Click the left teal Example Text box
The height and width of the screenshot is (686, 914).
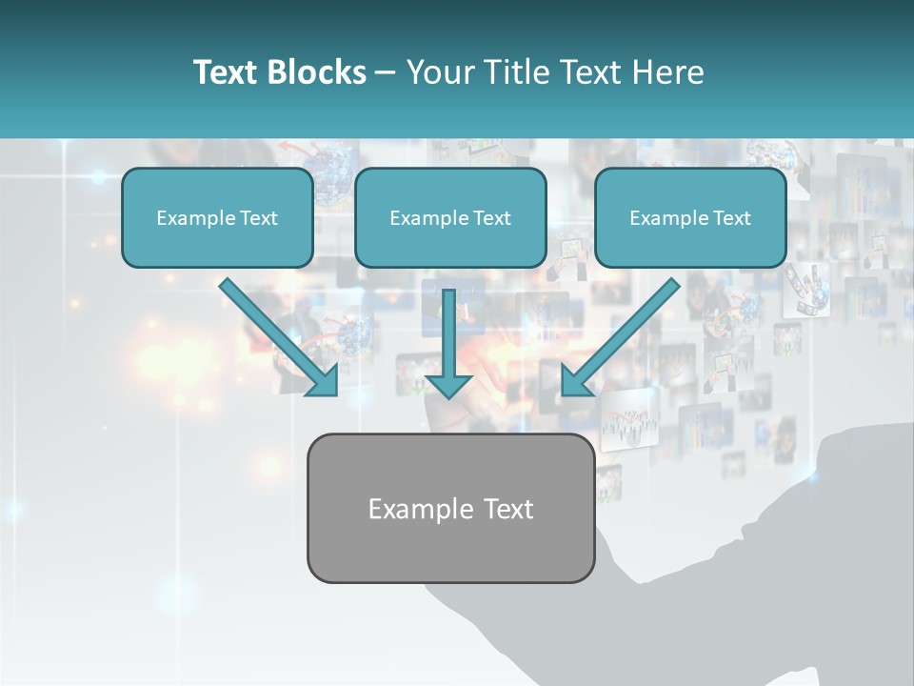(x=217, y=217)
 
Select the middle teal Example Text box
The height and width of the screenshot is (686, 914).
(x=450, y=217)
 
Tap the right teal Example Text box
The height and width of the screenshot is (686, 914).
(x=690, y=217)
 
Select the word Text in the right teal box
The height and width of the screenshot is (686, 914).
(x=731, y=218)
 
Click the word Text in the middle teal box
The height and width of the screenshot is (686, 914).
(x=491, y=218)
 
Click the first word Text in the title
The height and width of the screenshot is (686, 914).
(x=229, y=72)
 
